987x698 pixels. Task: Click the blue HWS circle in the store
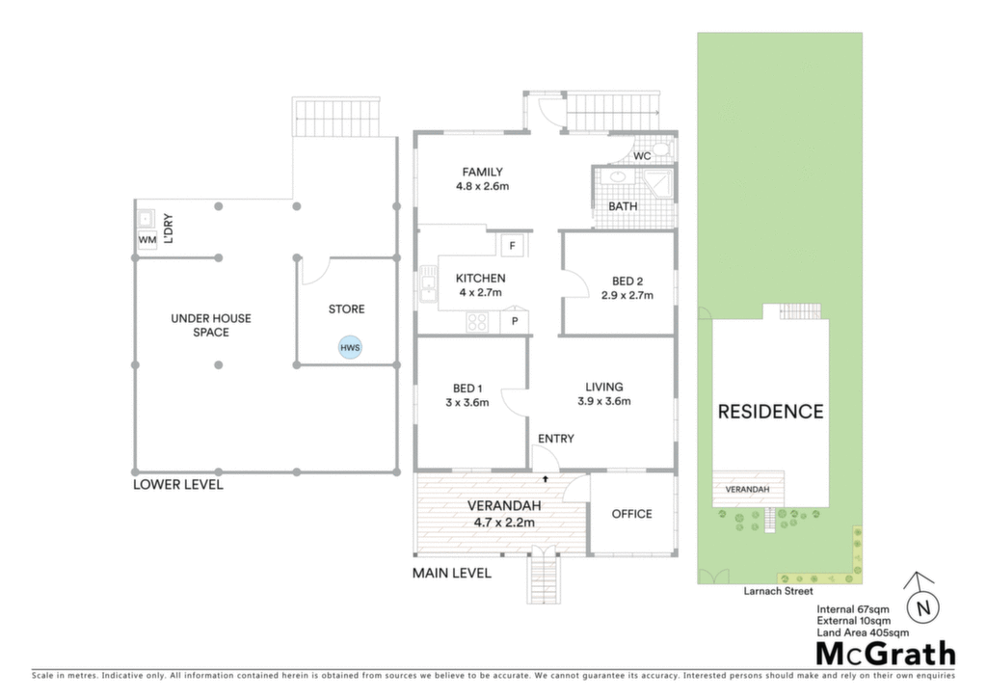(x=350, y=347)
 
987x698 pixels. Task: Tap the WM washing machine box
(x=147, y=240)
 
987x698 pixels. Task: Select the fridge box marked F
(x=513, y=246)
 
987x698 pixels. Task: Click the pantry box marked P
(x=515, y=322)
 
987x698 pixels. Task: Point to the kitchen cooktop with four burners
(x=477, y=322)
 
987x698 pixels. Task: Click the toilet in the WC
(x=660, y=149)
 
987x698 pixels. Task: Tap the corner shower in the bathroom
(x=658, y=182)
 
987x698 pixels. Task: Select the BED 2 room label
(x=627, y=282)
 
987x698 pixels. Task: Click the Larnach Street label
(x=778, y=591)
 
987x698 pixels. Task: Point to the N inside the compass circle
(x=923, y=608)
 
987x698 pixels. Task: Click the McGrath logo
(x=885, y=654)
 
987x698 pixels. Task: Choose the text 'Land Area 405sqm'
(x=863, y=632)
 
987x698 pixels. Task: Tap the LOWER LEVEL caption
(x=178, y=485)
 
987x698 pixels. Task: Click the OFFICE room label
(x=632, y=514)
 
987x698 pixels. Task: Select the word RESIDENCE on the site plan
(x=770, y=412)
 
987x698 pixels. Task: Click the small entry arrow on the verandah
(x=546, y=479)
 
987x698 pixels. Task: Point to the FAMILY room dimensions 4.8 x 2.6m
(x=483, y=186)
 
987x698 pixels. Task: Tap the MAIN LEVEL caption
(x=452, y=574)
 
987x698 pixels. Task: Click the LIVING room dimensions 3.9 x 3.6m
(x=604, y=402)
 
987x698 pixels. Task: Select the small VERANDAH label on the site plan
(x=747, y=490)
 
